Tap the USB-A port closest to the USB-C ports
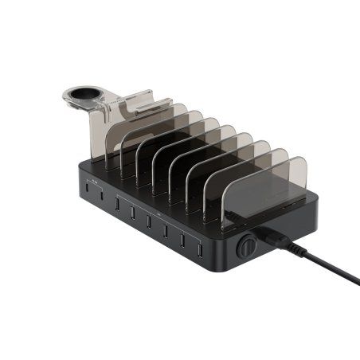click(116, 205)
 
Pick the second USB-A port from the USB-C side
click(131, 211)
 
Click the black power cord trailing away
click(327, 267)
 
